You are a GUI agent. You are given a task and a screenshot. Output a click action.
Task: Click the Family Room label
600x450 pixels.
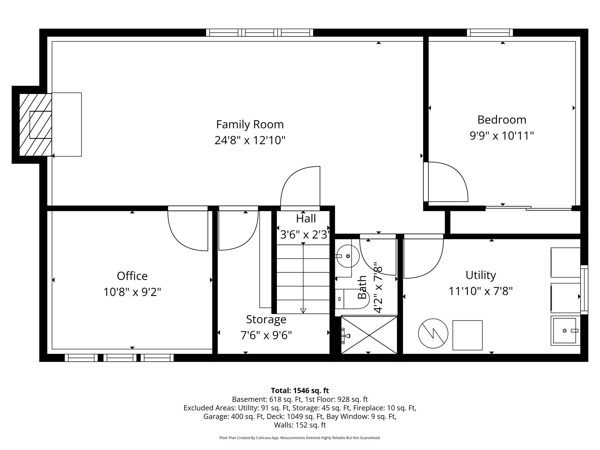250,125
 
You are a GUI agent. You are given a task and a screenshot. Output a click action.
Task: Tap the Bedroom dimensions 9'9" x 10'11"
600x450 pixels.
502,136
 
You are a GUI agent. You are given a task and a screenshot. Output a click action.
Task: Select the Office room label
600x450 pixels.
132,276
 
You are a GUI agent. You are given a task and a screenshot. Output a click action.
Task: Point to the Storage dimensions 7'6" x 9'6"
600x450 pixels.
266,335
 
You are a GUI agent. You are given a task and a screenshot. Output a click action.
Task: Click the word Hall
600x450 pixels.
306,219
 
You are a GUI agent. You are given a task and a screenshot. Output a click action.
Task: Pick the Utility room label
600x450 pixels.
481,275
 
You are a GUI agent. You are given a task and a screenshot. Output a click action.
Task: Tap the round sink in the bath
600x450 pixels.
348,256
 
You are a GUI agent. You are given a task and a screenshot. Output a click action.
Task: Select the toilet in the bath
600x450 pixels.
352,299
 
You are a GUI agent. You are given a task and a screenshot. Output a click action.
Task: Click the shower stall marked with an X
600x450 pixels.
369,335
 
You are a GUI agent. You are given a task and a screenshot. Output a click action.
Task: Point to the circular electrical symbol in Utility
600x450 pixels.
433,333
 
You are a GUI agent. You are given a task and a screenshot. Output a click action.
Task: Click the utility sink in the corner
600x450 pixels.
565,330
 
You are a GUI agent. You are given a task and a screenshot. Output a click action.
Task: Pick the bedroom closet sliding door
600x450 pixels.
528,208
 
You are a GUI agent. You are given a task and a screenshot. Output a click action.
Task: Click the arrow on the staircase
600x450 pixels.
303,310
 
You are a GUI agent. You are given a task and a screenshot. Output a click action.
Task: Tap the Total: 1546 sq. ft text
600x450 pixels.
300,391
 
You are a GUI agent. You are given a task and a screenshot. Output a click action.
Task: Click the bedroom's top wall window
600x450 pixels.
490,33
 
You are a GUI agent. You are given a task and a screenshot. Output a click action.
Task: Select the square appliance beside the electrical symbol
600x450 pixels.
467,335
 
